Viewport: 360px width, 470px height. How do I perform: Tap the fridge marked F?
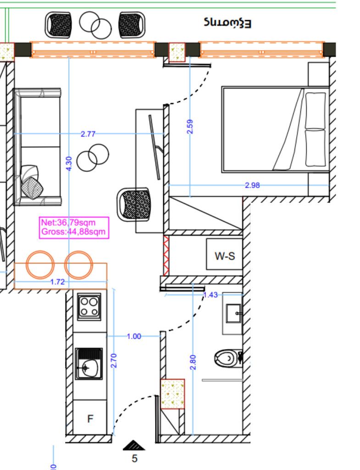[90, 418]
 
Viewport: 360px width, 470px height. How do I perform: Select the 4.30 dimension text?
[69, 164]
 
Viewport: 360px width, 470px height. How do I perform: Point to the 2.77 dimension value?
[88, 134]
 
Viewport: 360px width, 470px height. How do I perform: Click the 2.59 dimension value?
[190, 127]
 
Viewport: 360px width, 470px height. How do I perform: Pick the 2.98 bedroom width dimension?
[252, 185]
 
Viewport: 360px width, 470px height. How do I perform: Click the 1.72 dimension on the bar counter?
[57, 282]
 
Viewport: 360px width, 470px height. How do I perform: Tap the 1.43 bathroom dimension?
[210, 295]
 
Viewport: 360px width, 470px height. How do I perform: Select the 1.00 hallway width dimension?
[133, 336]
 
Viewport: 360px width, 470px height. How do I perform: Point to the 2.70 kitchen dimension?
[114, 360]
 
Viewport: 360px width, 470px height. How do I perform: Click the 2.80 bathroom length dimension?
[193, 362]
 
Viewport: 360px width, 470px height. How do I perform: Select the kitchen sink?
[89, 364]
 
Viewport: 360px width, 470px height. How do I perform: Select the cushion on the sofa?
[32, 182]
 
